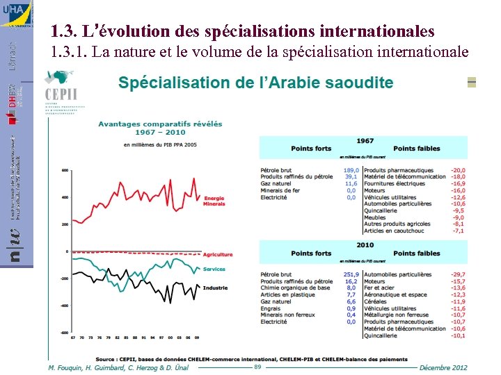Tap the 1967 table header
[365, 141]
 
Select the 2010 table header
[365, 245]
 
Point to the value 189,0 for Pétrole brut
[351, 170]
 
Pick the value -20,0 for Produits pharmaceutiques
[457, 170]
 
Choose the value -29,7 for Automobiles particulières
[457, 274]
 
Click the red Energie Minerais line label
[214, 201]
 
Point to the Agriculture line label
[218, 255]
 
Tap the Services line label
[214, 269]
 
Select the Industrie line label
[215, 287]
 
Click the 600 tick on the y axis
[65, 170]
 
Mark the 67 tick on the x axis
[72, 337]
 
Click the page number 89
[257, 367]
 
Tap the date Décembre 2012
[443, 367]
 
